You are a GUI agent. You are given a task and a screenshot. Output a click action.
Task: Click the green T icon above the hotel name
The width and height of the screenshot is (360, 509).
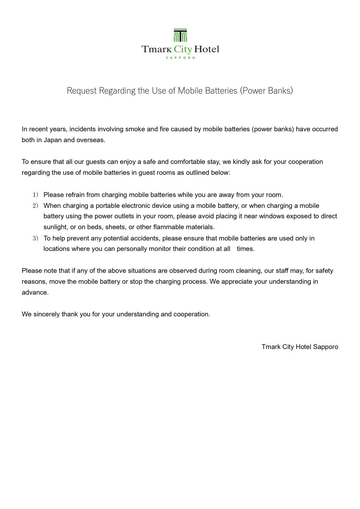pos(180,36)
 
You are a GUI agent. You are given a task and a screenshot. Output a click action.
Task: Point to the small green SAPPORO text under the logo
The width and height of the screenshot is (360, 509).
pos(180,58)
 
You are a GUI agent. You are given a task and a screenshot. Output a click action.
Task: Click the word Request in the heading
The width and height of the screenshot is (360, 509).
pos(82,90)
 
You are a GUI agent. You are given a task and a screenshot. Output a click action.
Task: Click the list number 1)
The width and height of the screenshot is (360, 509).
pos(35,195)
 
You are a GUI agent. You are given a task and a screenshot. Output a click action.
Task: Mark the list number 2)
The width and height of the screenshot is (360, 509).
pos(35,206)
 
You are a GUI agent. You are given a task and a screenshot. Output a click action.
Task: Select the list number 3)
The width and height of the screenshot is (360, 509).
pos(35,238)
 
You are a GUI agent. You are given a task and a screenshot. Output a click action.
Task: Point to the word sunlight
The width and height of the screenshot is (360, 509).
pos(56,227)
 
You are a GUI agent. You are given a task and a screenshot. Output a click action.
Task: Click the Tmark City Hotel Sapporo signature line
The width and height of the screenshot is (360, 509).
pos(300,347)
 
